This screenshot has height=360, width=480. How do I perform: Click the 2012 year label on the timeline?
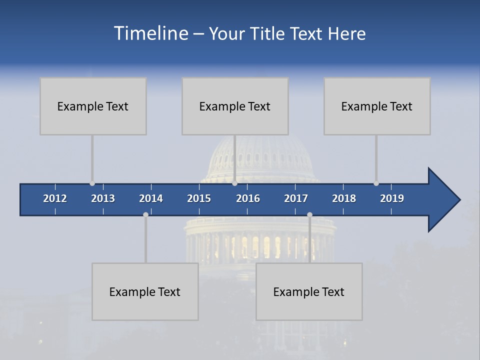(55, 198)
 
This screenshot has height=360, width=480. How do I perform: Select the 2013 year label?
(103, 198)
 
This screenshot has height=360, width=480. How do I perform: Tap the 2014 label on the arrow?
(151, 198)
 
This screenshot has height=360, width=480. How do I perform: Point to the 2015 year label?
(199, 198)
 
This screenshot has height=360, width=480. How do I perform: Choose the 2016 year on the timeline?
(248, 198)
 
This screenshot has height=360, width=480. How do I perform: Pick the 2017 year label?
(296, 198)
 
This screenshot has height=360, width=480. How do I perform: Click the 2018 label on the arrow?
(344, 198)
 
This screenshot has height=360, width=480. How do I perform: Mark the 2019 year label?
(392, 198)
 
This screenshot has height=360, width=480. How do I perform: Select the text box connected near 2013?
(93, 106)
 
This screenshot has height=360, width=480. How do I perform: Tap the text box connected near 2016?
(235, 106)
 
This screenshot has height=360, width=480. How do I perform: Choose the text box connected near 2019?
(377, 106)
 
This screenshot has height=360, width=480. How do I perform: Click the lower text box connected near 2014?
(145, 291)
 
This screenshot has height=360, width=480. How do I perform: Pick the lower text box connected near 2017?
(309, 291)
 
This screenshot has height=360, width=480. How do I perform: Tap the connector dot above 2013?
(92, 183)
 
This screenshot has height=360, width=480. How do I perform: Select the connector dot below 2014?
(145, 214)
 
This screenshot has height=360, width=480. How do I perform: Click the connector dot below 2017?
(309, 214)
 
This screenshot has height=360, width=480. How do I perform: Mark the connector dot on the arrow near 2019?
(376, 183)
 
